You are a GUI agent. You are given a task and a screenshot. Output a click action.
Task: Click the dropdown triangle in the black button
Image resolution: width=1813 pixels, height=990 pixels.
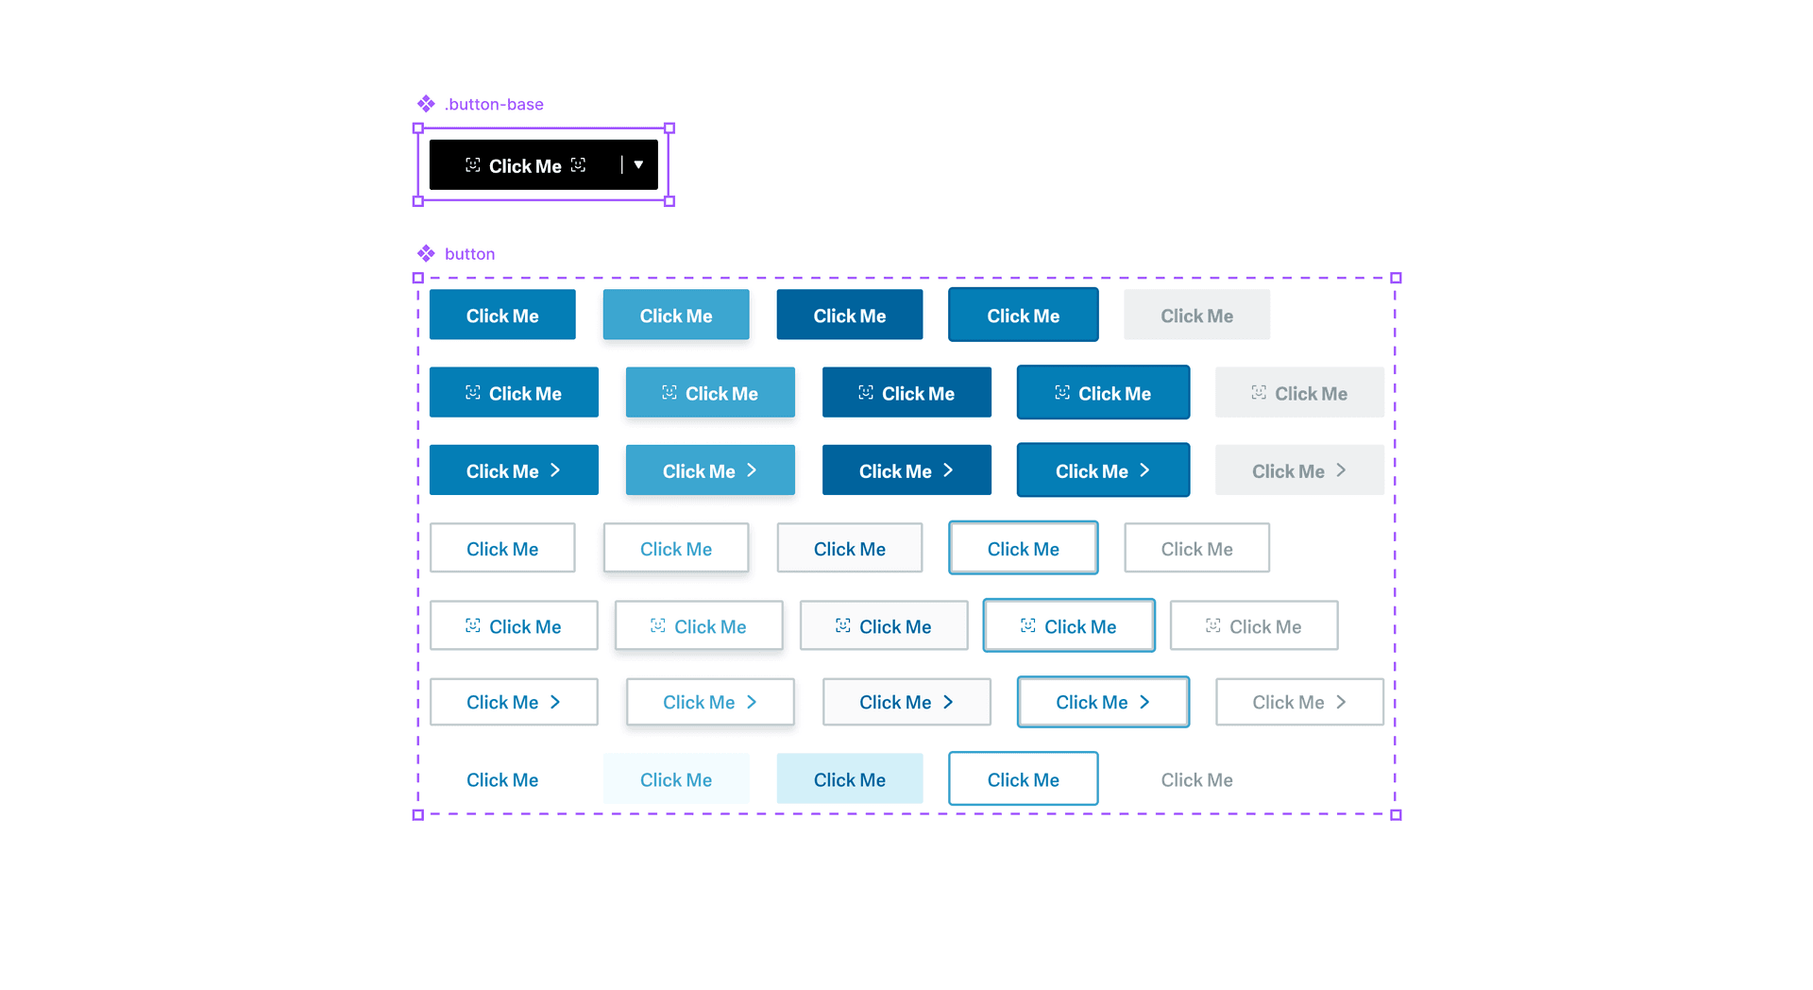tap(638, 165)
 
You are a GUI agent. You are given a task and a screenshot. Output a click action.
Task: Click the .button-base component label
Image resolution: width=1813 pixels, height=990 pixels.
tap(494, 104)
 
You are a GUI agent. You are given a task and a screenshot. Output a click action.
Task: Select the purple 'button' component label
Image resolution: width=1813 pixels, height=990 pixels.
tap(469, 254)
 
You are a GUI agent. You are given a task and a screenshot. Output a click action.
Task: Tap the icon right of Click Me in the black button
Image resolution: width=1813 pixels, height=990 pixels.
tap(579, 165)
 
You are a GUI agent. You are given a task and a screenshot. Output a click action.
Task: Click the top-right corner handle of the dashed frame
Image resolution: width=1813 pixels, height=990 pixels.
tap(1396, 278)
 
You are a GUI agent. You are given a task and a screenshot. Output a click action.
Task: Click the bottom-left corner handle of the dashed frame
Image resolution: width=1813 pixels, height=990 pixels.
tap(418, 814)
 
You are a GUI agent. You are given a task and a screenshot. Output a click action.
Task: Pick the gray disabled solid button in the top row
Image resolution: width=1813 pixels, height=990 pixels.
tap(1196, 316)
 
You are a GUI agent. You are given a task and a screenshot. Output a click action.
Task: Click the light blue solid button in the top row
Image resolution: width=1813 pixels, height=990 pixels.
tap(676, 316)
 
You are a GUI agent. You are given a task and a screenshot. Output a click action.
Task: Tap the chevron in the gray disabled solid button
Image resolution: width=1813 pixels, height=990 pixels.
tap(1341, 470)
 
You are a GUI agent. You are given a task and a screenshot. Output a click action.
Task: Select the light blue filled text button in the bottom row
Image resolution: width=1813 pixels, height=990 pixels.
tap(849, 779)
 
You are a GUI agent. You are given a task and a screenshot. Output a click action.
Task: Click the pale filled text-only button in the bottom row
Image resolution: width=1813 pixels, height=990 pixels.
tap(676, 779)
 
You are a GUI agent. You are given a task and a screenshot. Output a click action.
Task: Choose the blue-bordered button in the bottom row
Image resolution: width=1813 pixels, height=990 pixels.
tap(1023, 779)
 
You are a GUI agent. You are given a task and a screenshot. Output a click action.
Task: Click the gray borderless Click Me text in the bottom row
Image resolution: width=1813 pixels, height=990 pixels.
tap(1196, 779)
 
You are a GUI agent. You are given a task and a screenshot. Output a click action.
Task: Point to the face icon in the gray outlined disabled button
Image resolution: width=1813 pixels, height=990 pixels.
tap(1213, 625)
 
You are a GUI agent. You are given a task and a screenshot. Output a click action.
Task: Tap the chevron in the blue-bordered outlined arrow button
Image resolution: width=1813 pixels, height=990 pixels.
tap(1144, 702)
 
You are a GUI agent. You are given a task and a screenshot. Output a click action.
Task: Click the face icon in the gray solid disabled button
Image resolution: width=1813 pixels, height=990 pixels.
tap(1259, 392)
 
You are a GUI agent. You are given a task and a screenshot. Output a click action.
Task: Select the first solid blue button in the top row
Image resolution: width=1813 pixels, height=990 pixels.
tap(502, 316)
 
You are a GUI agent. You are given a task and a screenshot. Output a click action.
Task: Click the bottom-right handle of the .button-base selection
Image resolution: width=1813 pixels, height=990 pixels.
tap(669, 201)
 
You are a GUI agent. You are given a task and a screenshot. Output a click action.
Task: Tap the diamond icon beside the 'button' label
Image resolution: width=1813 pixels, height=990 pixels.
tap(426, 253)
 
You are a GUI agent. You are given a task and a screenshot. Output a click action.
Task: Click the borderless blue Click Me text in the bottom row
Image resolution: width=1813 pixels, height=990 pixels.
tap(502, 779)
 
